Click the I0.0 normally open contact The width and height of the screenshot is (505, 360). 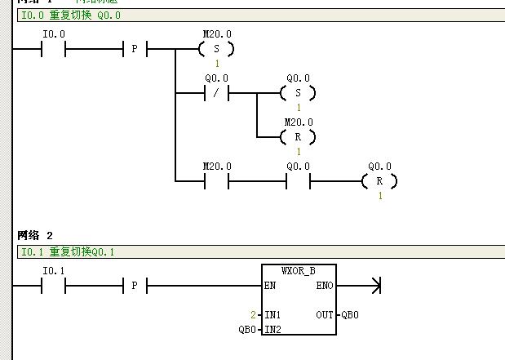[x=53, y=50]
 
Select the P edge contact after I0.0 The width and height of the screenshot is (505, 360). [x=135, y=50]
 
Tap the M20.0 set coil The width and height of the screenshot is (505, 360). [x=216, y=50]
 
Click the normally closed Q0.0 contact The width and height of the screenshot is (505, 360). [x=216, y=93]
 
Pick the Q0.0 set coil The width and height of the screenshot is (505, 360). [x=298, y=93]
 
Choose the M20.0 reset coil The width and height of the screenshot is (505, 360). [x=298, y=137]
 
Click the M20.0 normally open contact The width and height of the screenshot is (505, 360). [x=216, y=180]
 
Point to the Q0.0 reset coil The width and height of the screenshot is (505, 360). [x=379, y=180]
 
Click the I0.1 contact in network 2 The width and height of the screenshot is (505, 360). [x=53, y=286]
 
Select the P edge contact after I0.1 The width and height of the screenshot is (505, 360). [x=135, y=286]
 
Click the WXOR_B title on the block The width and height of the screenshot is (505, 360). [x=298, y=270]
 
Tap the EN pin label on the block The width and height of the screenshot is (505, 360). [x=270, y=286]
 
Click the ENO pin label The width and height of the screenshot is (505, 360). [x=324, y=286]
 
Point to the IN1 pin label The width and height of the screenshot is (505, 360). [x=272, y=314]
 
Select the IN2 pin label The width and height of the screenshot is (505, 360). [x=272, y=329]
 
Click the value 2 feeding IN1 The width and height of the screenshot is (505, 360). [x=254, y=314]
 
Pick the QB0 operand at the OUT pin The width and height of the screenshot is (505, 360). [x=350, y=314]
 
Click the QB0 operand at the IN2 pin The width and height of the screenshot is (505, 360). [x=247, y=329]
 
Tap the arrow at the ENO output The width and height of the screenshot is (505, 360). [x=375, y=286]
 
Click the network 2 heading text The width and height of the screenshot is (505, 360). [x=35, y=235]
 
